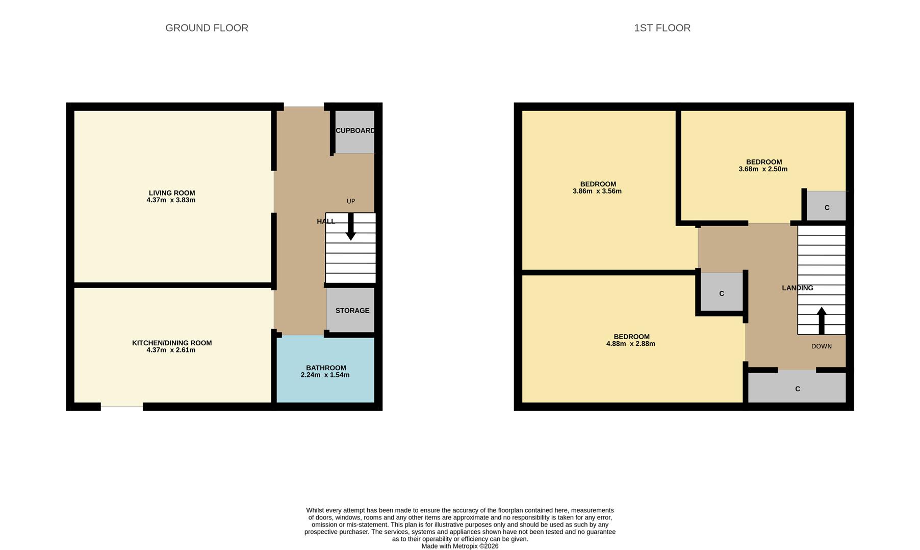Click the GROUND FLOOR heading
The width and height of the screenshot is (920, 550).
click(207, 28)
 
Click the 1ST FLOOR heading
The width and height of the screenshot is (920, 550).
click(662, 28)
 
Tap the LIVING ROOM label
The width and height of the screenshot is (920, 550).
click(172, 193)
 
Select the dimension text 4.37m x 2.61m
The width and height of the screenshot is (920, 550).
click(171, 350)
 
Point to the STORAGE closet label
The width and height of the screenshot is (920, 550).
click(352, 311)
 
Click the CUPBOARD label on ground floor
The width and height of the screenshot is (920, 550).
click(355, 131)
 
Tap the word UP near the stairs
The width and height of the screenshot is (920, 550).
click(351, 201)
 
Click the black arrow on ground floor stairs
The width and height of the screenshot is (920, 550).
click(351, 227)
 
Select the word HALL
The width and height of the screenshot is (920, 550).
click(325, 221)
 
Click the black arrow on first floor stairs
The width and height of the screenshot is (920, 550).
click(822, 320)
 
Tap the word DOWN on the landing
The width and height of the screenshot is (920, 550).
click(821, 346)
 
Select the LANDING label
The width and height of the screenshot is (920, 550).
click(797, 288)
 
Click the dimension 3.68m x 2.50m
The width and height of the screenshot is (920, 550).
click(763, 169)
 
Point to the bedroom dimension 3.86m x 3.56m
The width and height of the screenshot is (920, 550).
click(597, 191)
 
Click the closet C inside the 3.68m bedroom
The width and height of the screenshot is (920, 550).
click(827, 208)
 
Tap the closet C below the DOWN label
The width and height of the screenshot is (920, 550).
click(797, 389)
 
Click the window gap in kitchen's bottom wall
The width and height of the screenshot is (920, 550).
click(121, 406)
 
